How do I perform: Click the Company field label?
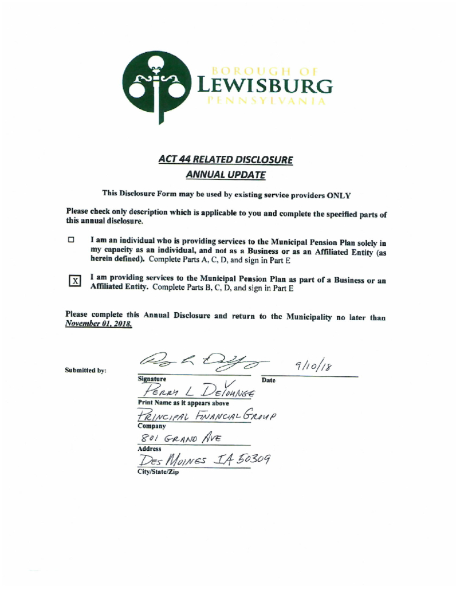coord(148,426)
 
